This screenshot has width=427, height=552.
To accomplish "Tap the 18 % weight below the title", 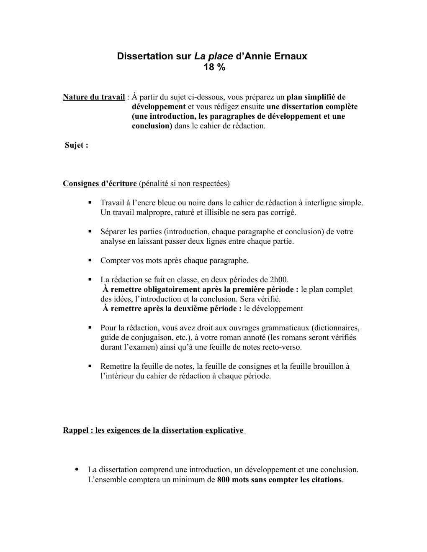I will coord(214,67).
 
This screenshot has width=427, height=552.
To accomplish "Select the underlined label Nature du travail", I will coord(94,97).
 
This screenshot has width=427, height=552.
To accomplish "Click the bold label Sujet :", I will coord(77,145).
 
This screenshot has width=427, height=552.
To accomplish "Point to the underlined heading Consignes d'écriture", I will coord(100,183).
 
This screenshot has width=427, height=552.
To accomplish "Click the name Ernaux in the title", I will coord(291,56).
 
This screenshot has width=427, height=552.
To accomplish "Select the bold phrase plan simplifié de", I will coord(316,97).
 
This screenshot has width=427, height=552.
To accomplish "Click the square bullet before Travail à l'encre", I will coord(90,202).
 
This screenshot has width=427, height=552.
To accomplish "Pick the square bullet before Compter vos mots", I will coord(90,260).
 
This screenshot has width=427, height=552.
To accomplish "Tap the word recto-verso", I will coord(282,347).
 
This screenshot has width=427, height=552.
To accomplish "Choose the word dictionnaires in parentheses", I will coord(336,328).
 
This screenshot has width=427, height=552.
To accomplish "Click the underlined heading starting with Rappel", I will coord(153,430).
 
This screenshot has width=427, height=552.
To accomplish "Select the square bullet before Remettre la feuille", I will coord(90,366).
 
